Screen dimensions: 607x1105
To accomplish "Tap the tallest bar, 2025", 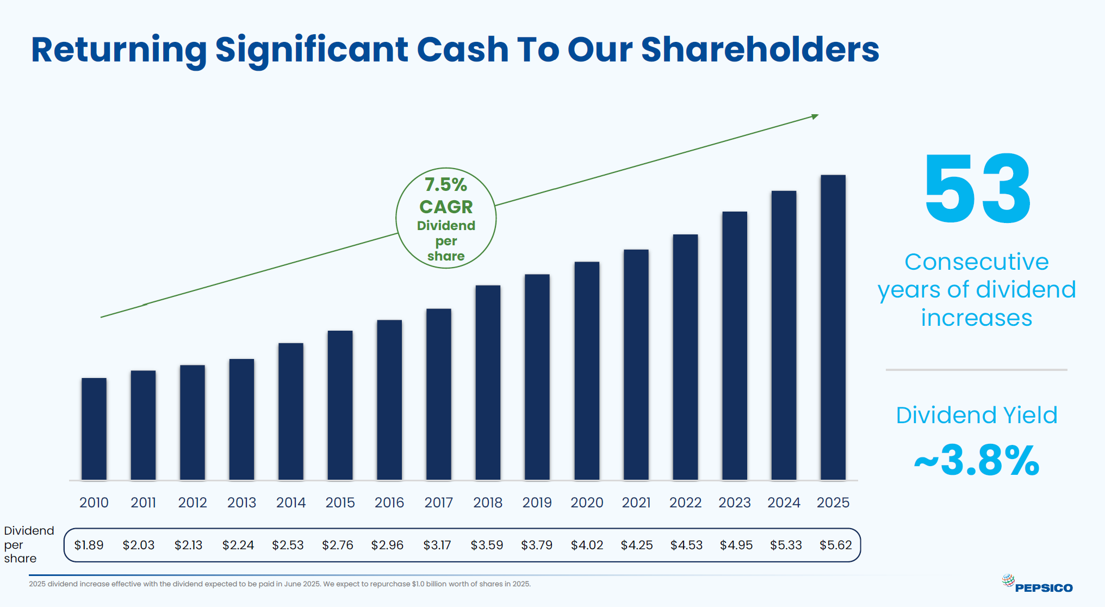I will tap(833, 327).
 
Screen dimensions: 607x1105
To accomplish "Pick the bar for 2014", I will tap(291, 411).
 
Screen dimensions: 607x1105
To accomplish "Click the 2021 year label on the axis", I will tap(636, 503).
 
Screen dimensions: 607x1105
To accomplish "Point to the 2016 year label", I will tap(389, 503).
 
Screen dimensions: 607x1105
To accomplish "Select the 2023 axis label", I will tap(734, 503).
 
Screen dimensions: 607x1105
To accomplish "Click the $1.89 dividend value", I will tap(89, 545).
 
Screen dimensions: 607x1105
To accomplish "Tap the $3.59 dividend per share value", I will tap(487, 545).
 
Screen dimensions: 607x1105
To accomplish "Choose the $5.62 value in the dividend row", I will tap(835, 545).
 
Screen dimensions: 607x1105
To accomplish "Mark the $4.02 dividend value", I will tap(587, 545).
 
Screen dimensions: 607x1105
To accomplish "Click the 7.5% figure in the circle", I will tap(446, 185).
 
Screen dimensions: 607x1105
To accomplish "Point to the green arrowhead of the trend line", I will tap(815, 116).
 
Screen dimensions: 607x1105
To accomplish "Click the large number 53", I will tap(977, 189).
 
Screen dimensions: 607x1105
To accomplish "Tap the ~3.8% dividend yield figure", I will tap(977, 461).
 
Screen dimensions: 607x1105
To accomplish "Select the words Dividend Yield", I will tap(977, 415).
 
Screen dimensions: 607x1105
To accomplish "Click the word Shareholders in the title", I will tap(760, 49).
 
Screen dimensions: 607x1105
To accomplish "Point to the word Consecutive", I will tap(977, 262).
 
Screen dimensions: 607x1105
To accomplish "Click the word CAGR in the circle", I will tap(446, 207).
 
